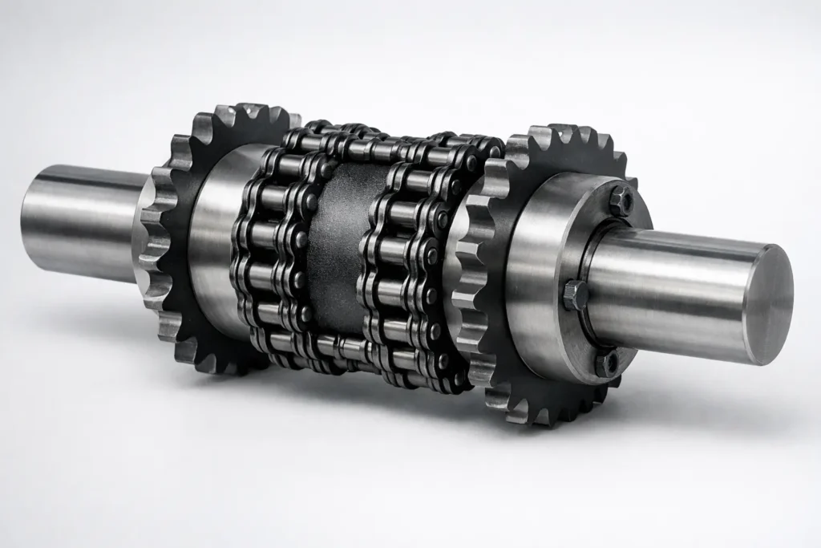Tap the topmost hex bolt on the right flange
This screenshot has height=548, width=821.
[x=621, y=199]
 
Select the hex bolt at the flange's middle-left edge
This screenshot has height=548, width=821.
[x=575, y=294]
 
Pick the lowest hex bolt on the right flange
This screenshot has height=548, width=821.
[x=607, y=363]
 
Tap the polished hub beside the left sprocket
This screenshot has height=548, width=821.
[x=216, y=233]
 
